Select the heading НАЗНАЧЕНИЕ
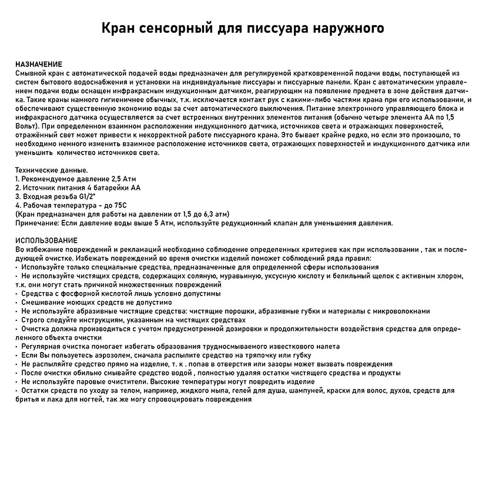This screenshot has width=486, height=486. point(39,63)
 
